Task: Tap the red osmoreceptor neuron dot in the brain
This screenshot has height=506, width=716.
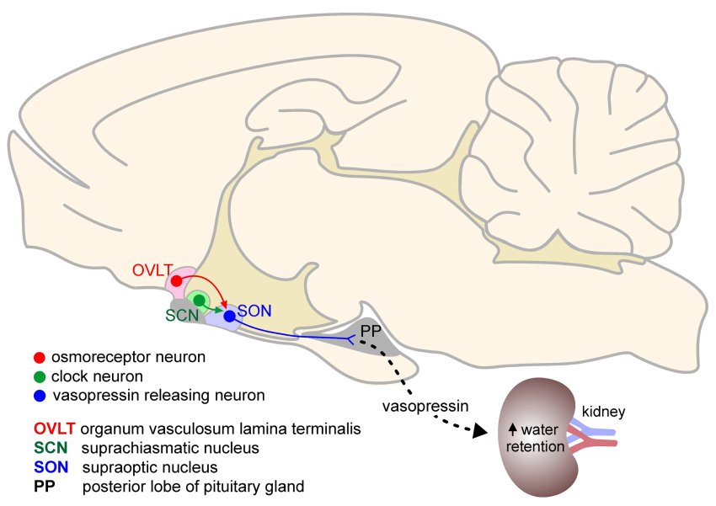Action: pyautogui.click(x=176, y=280)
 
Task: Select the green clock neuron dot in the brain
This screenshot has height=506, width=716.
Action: pyautogui.click(x=199, y=299)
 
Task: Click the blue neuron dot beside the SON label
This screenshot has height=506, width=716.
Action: pyautogui.click(x=228, y=316)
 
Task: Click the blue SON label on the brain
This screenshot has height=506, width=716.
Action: pyautogui.click(x=255, y=311)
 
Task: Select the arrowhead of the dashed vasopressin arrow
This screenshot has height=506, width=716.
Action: pyautogui.click(x=480, y=431)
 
